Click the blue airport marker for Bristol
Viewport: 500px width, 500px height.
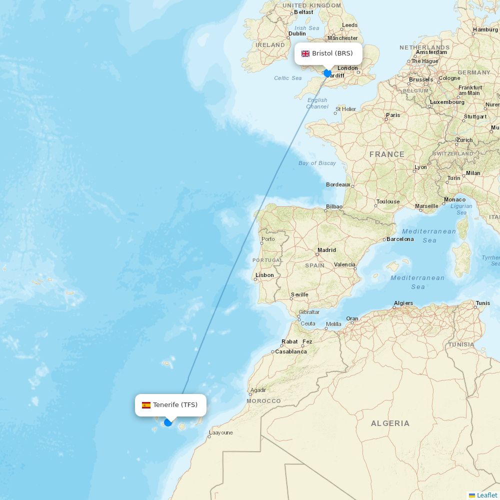coord(327,73)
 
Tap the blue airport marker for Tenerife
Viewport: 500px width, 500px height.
coord(168,422)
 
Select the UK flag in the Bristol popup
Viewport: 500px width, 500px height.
coord(305,53)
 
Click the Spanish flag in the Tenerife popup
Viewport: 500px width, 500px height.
coord(146,405)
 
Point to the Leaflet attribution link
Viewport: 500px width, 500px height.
coord(486,495)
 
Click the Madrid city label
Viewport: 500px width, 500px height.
coord(326,250)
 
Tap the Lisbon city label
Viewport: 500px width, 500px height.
coord(264,275)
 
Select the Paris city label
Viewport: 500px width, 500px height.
coord(393,115)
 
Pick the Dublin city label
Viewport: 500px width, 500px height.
coord(297,34)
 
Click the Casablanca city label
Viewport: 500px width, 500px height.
coord(290,351)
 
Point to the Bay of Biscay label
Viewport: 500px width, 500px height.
coord(317,163)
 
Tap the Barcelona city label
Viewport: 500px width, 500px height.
coord(400,239)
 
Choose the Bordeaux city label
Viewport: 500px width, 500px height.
coord(338,184)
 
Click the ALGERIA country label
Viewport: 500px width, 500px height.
coord(390,423)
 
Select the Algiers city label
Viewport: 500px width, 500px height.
coord(403,303)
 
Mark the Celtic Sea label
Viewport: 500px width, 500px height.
coord(288,78)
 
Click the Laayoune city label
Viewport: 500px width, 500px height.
coord(221,432)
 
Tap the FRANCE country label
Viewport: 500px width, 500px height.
coord(387,154)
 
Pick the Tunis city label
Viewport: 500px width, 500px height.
coord(483,303)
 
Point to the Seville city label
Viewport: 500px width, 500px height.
coord(299,294)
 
